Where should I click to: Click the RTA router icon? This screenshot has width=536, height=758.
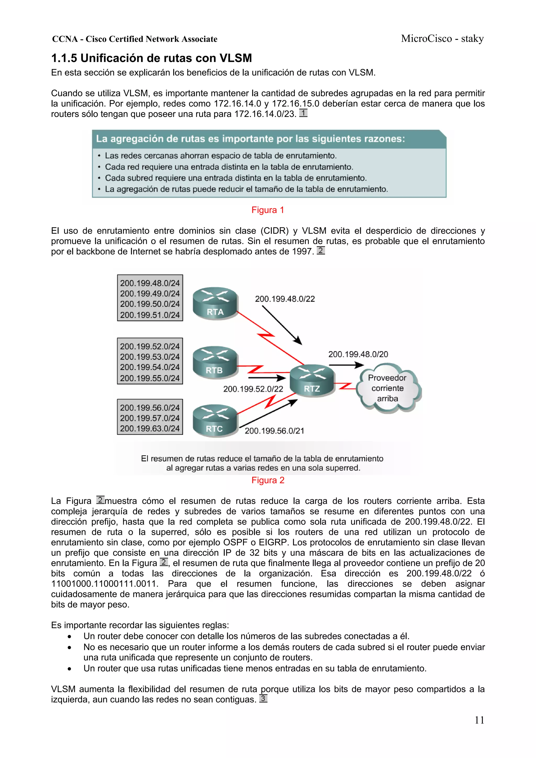[x=215, y=303]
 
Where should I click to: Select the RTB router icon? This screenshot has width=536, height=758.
[x=215, y=362]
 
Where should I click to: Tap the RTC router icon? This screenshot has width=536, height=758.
[x=215, y=420]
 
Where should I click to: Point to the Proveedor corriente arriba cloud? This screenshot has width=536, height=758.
[x=387, y=388]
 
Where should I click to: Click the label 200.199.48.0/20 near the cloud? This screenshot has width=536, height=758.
[x=358, y=354]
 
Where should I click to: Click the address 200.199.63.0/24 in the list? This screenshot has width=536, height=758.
[x=150, y=428]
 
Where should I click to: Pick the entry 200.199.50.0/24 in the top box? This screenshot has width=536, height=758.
[x=150, y=304]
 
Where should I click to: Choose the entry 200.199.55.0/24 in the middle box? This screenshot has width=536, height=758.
[x=150, y=378]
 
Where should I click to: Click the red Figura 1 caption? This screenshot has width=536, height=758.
[x=267, y=210]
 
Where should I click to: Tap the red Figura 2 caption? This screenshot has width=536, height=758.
[x=267, y=480]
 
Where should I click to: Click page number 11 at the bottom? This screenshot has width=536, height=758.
[x=479, y=720]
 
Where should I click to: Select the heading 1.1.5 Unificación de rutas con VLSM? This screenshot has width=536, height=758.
[x=152, y=58]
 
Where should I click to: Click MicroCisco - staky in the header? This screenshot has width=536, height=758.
[x=442, y=39]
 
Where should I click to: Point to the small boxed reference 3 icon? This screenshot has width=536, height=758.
[x=263, y=698]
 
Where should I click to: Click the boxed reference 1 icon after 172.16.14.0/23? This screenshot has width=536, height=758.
[x=303, y=113]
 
